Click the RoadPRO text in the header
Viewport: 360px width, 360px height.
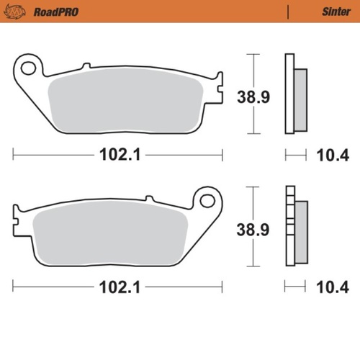pos(55,12)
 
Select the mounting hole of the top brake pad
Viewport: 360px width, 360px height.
pos(29,68)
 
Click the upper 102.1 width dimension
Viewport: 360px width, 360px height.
pos(118,154)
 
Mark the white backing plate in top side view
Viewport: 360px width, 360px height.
pos(289,94)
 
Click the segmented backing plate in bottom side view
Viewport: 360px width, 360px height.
pos(289,227)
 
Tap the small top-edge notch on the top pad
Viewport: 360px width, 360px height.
pos(86,66)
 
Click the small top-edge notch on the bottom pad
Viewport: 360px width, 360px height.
pos(149,198)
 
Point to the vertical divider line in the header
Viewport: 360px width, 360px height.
pos(287,12)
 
